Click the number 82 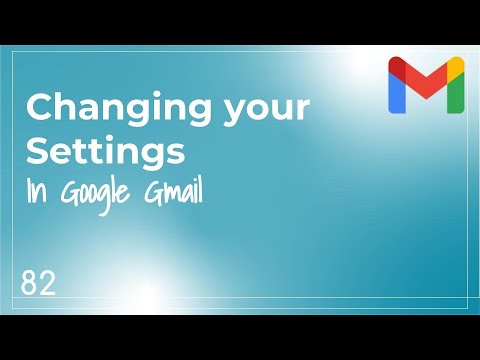pyautogui.click(x=38, y=282)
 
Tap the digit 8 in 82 pyautogui.click(x=28, y=282)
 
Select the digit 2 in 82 pyautogui.click(x=47, y=282)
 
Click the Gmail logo pyautogui.click(x=426, y=84)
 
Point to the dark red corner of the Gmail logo pyautogui.click(x=395, y=65)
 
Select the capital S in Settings pyautogui.click(x=36, y=151)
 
